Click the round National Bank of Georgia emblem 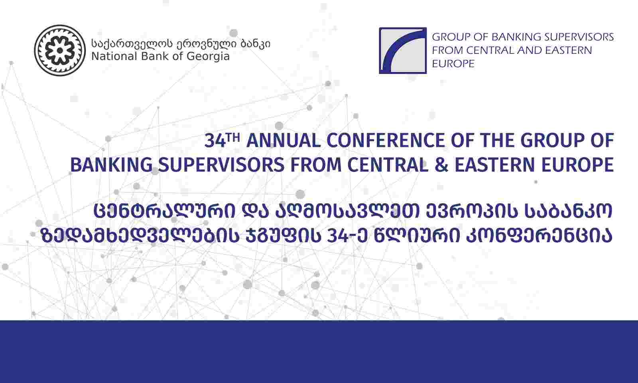pyautogui.click(x=60, y=50)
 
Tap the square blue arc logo pyautogui.click(x=403, y=50)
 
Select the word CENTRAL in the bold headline pyautogui.click(x=388, y=165)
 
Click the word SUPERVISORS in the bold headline pyautogui.click(x=221, y=165)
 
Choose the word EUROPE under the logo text pyautogui.click(x=453, y=63)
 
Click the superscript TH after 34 pyautogui.click(x=233, y=138)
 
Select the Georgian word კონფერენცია pyautogui.click(x=539, y=236)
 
